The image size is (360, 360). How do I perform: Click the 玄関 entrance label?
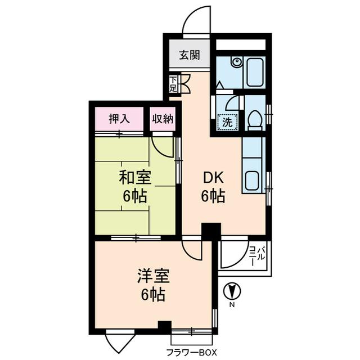click(190, 55)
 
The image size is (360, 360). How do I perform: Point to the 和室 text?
click(134, 178)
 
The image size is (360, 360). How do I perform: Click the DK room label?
click(214, 178)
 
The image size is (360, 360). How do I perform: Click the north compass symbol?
click(232, 292)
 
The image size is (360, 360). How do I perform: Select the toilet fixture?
click(255, 120)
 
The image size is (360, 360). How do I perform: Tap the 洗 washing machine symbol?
click(227, 121)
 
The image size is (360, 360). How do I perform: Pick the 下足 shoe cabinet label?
click(173, 84)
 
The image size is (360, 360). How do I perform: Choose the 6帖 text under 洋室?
click(152, 294)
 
